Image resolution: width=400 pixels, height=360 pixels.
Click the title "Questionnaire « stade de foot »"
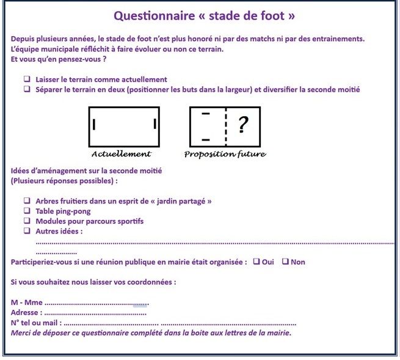point(204,16)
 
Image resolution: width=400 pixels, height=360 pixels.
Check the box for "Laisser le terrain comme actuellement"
point(27,79)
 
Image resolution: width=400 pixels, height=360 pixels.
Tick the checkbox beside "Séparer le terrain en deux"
point(27,89)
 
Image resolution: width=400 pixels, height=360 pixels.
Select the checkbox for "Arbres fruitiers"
point(27,200)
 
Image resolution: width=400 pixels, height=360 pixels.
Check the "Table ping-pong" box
point(27,210)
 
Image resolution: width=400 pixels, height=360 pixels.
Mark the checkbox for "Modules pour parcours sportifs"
point(27,221)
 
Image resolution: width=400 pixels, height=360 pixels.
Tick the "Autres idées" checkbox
point(27,230)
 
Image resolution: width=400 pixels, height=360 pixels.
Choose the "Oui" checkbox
point(256,261)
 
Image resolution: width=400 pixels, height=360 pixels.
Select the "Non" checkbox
point(285,261)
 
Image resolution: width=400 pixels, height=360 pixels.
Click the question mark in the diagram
point(243,125)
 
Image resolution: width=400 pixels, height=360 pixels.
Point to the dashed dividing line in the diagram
point(226,127)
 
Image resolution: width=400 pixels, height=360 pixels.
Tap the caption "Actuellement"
point(121,154)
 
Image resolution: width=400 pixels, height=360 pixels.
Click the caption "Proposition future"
point(225,154)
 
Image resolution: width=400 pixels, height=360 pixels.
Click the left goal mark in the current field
point(94,125)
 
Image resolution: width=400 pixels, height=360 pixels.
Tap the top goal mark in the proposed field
point(206,113)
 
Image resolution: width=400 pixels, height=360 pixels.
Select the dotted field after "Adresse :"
point(95,314)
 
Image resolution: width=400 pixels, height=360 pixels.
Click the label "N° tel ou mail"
point(36,323)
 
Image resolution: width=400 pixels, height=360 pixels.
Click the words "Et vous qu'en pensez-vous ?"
point(59,59)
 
